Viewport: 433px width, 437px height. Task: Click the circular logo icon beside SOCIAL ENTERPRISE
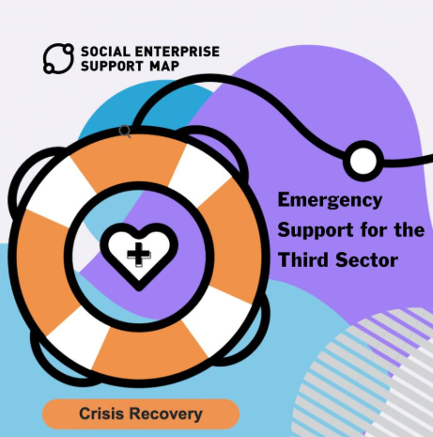point(58,58)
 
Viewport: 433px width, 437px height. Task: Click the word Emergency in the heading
point(330,200)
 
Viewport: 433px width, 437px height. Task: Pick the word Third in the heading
point(302,260)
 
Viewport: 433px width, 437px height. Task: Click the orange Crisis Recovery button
point(141,414)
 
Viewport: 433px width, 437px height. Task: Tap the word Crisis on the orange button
point(101,414)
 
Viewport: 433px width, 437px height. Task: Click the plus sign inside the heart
point(139,254)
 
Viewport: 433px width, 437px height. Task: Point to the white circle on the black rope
point(363,161)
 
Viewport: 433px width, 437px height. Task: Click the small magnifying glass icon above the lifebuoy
point(125,132)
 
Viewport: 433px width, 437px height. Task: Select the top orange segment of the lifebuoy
point(129,160)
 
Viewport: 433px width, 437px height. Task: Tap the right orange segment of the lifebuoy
point(233,242)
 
